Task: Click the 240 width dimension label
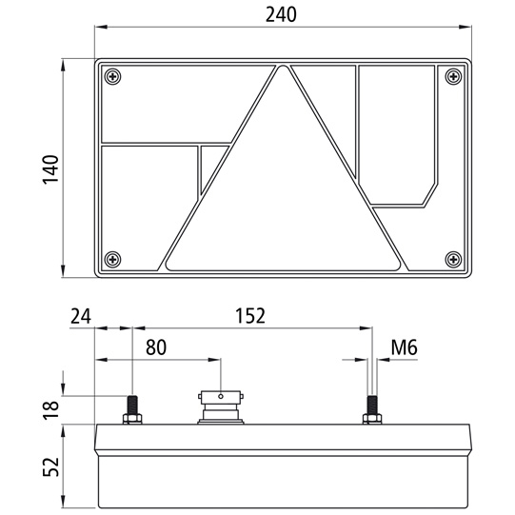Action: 281,14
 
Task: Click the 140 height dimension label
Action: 50,169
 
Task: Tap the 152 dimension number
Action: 250,316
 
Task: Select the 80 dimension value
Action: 156,347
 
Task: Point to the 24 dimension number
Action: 81,316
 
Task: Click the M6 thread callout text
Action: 404,347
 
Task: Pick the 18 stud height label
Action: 50,410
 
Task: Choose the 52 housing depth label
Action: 50,466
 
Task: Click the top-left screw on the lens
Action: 112,77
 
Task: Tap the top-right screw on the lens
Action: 453,77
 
